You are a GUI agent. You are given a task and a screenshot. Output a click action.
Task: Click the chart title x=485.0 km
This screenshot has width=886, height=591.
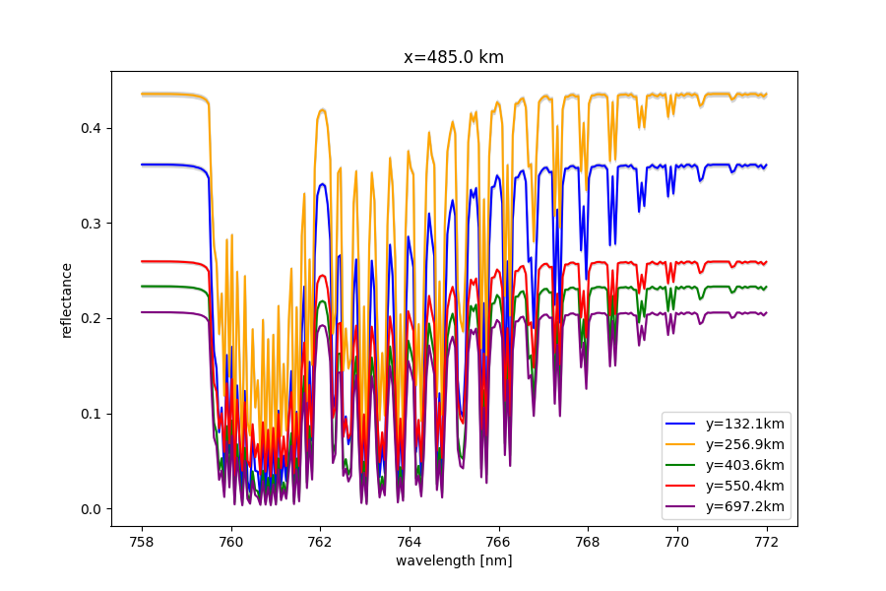pos(454,57)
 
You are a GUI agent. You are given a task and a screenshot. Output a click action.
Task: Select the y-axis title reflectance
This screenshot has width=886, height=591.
pos(67,299)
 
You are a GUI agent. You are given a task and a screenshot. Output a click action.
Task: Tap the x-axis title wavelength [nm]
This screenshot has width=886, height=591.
pos(454,560)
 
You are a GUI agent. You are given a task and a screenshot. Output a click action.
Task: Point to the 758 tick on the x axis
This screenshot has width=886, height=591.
pos(142,541)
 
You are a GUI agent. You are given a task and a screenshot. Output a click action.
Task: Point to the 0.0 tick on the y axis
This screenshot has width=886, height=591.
pos(93,509)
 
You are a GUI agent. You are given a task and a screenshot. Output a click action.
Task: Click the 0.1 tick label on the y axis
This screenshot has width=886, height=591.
pos(93,414)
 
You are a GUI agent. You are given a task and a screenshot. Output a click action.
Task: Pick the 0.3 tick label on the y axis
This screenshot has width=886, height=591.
pos(93,224)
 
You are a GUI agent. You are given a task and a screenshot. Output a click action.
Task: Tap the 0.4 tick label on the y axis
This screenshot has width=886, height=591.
pos(93,128)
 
